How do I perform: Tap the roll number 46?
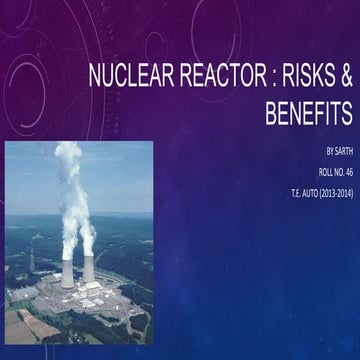(346, 173)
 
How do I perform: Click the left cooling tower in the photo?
(67, 272)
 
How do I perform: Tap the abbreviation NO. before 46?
(331, 173)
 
